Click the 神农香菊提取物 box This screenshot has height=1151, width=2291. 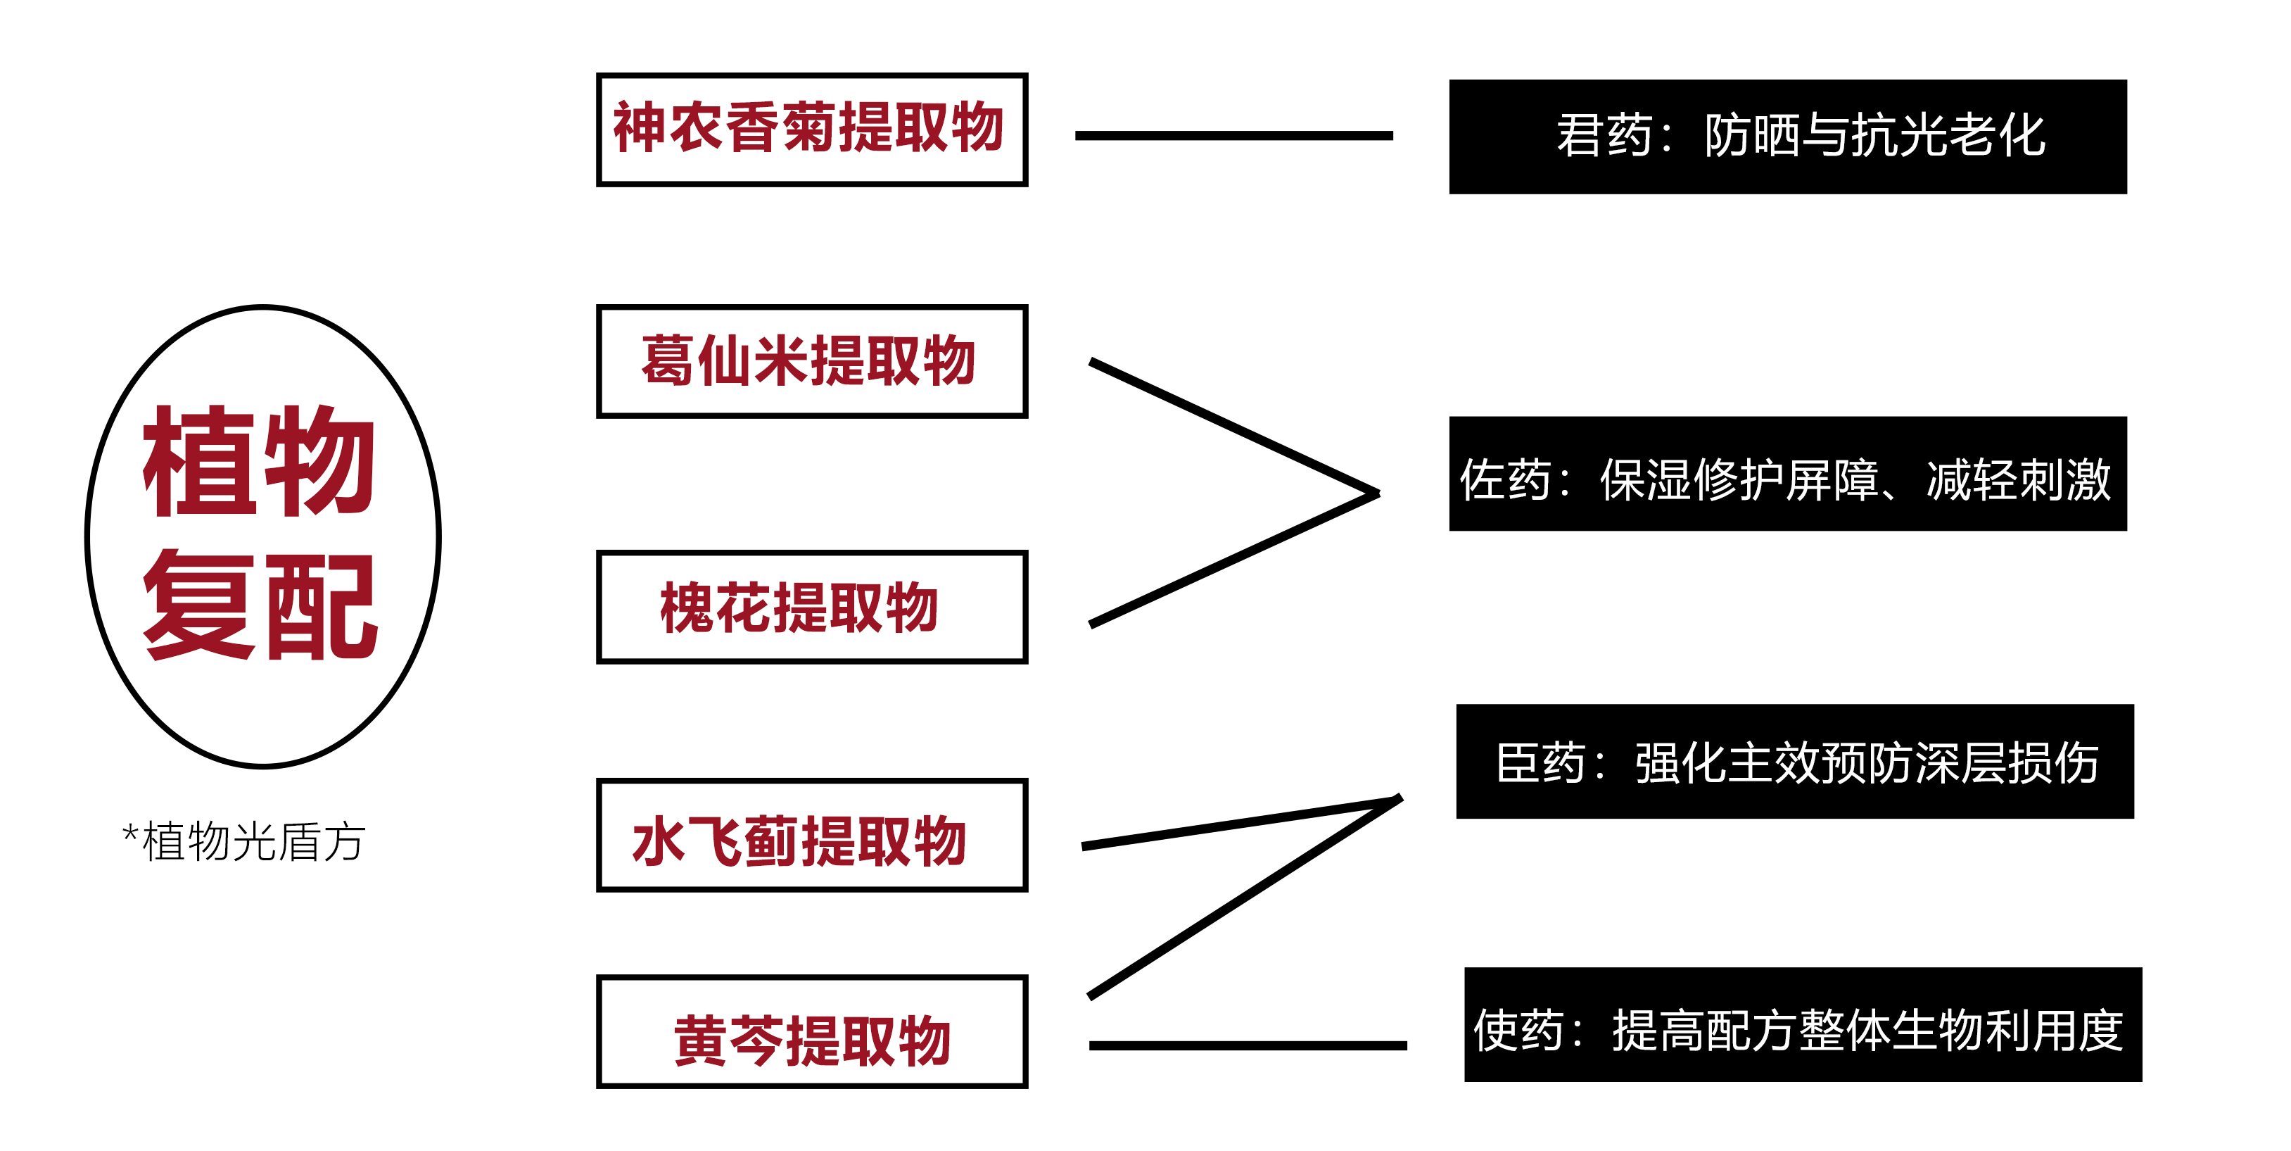click(811, 130)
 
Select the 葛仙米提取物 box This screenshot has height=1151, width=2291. click(811, 361)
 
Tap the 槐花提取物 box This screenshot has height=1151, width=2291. click(811, 607)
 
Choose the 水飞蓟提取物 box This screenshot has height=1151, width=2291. click(811, 835)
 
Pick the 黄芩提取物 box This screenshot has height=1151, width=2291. click(811, 1032)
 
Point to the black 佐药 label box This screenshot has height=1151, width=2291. click(1788, 474)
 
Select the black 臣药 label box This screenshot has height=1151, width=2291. click(1795, 762)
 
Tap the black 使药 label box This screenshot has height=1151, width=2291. click(1803, 1025)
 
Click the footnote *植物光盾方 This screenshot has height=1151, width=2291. click(245, 841)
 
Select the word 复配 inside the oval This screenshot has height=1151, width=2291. click(260, 605)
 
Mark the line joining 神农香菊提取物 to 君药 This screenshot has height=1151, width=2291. click(1233, 136)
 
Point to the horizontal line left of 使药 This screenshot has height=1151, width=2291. click(1248, 1046)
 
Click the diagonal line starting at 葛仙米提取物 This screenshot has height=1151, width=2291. click(1233, 426)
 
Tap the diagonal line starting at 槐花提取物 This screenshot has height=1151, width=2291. click(1233, 560)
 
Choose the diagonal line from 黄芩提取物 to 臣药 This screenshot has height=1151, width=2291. click(1245, 898)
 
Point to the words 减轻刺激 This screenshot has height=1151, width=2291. click(2018, 480)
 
